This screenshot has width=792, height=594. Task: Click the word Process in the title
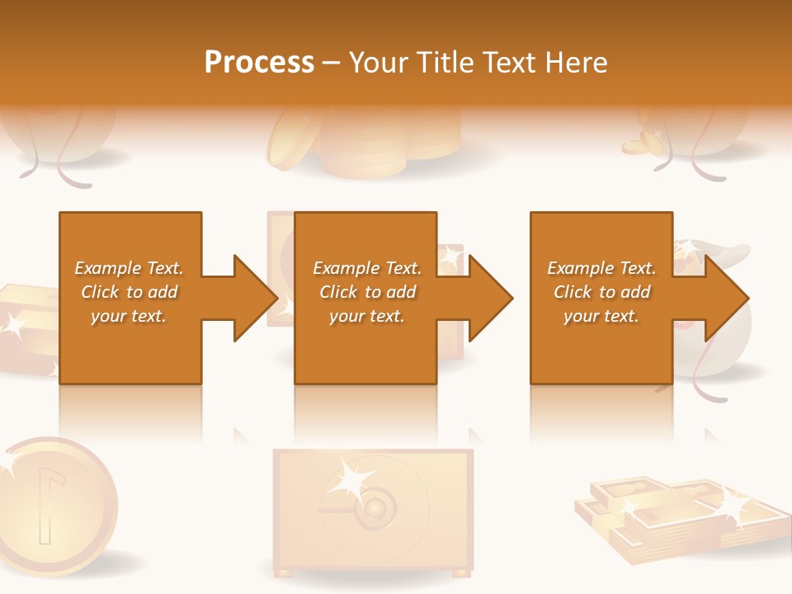click(x=259, y=63)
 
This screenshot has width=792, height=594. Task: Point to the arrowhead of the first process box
click(x=256, y=298)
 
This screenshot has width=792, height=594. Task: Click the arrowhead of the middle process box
click(x=492, y=298)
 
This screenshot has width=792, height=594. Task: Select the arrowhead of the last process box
click(x=728, y=298)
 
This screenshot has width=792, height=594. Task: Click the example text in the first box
click(x=129, y=292)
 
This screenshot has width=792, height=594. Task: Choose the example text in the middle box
click(x=366, y=292)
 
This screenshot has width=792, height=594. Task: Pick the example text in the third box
click(x=601, y=292)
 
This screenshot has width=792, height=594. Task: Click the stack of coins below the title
click(x=363, y=148)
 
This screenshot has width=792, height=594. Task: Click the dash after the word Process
click(x=332, y=63)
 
